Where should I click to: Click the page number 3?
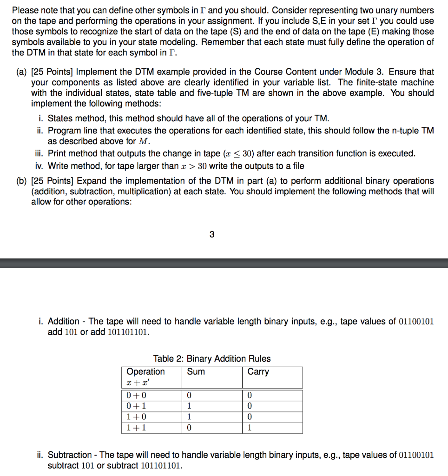point(212,234)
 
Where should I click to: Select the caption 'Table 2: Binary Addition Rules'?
point(212,358)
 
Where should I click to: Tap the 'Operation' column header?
point(145,371)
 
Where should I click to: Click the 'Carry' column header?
point(258,371)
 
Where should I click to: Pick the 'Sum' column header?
point(196,371)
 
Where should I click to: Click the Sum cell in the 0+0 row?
point(189,395)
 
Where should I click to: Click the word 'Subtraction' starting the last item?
point(70,455)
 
